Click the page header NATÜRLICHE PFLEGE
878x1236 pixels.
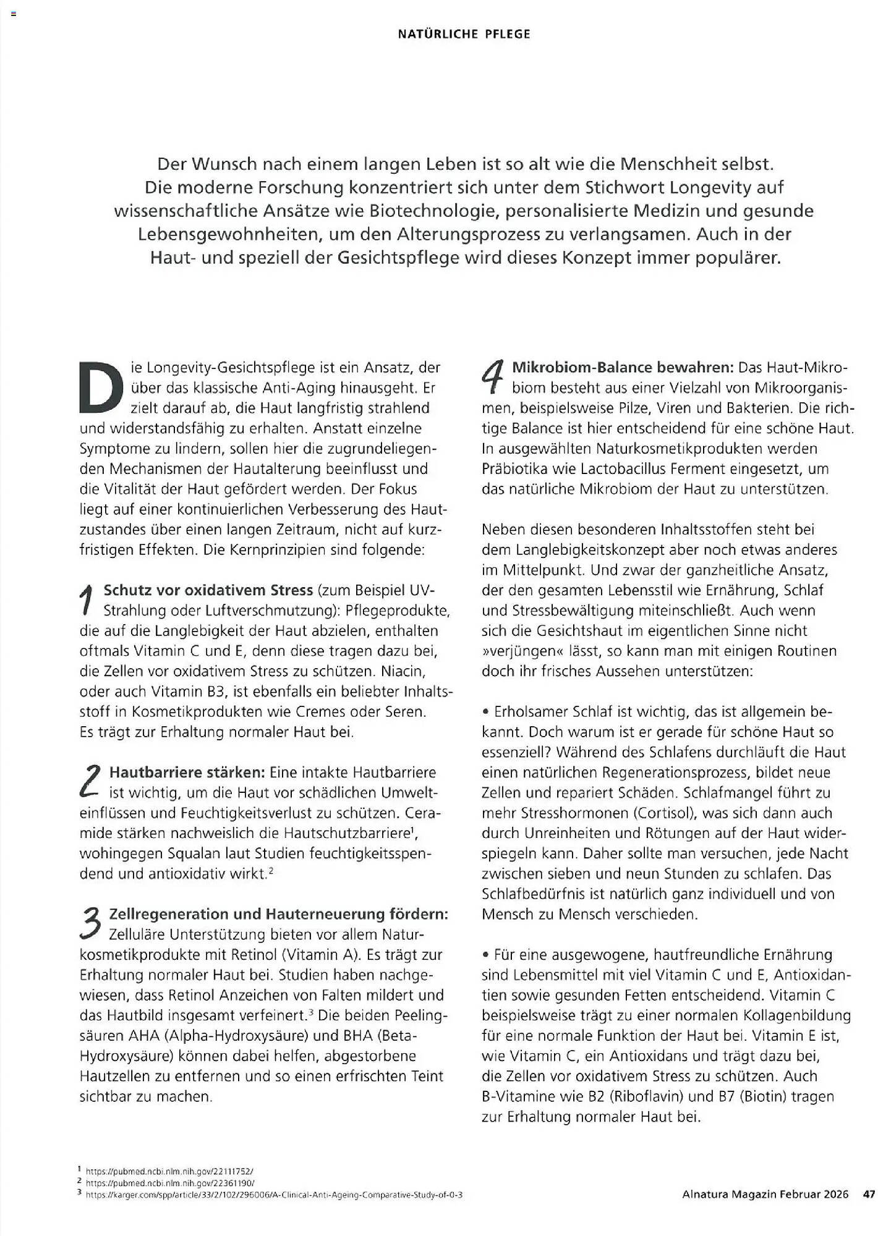click(464, 34)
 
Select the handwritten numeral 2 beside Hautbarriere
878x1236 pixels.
click(91, 781)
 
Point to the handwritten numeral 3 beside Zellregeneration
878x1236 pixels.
click(91, 922)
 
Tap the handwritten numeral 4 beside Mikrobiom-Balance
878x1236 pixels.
click(493, 376)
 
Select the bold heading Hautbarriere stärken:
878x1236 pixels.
click(187, 772)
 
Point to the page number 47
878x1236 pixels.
click(869, 1195)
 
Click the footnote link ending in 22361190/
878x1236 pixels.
click(170, 1183)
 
